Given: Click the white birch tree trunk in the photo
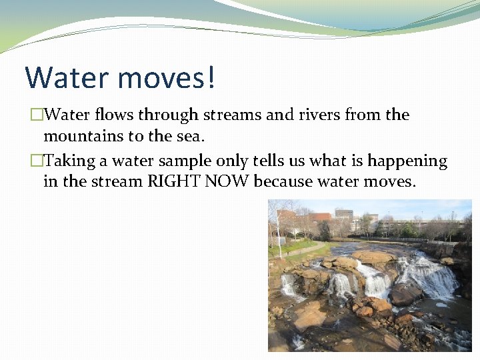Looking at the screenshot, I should click(279, 230).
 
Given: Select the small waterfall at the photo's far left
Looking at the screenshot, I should click(288, 285).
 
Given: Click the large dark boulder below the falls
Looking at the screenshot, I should click(404, 294).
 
